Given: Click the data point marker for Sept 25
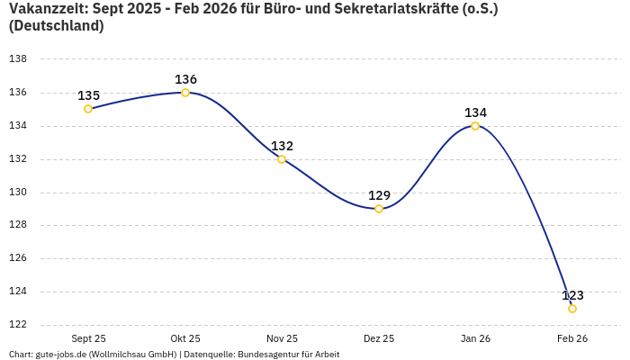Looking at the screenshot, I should pos(88,109).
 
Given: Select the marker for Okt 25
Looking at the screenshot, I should pos(185,93).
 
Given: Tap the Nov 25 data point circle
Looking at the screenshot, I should pos(282,159).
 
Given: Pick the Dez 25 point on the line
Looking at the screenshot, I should pos(379,209).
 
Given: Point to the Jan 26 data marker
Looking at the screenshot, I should pos(475,126).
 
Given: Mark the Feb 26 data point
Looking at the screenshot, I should pos(572,309).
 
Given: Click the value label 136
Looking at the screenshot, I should pos(185,79).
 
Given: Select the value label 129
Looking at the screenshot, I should pos(379,195).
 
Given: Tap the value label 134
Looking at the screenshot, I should pos(475,112).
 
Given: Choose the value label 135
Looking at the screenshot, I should pos(88,95).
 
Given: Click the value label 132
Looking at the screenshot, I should pos(282,146).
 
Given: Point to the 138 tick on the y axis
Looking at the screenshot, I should pos(17,59).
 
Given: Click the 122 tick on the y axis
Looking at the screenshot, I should pos(17,325).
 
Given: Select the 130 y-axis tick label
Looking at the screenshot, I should pos(17,193).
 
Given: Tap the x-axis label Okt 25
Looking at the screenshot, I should pos(185,338).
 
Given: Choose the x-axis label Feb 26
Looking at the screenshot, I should pos(572,338).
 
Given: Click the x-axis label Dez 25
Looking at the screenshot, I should pos(379,338).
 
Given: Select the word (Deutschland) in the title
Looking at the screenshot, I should pos(56,26).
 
